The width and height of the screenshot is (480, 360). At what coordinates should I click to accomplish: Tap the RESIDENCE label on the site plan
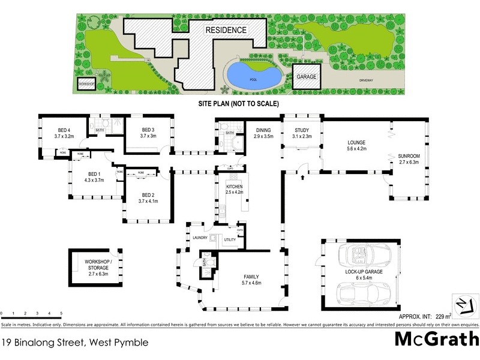click(x=226, y=30)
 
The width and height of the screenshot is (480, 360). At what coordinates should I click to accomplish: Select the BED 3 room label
click(x=148, y=130)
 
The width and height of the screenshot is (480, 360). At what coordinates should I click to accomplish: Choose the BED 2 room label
click(x=148, y=196)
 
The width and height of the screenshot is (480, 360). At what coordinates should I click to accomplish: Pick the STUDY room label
click(x=301, y=130)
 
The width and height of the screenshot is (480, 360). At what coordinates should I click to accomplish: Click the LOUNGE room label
click(x=356, y=142)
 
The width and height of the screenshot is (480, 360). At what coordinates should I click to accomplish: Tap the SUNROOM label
click(x=410, y=156)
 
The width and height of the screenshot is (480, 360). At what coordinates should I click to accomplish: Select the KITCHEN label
click(x=234, y=187)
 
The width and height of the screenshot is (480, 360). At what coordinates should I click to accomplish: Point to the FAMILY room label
click(x=251, y=276)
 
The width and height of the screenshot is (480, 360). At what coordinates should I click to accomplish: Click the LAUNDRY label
click(x=200, y=238)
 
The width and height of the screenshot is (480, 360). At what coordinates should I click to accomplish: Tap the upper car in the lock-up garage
click(x=363, y=257)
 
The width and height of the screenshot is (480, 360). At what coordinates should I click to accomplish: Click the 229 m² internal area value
click(x=443, y=316)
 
